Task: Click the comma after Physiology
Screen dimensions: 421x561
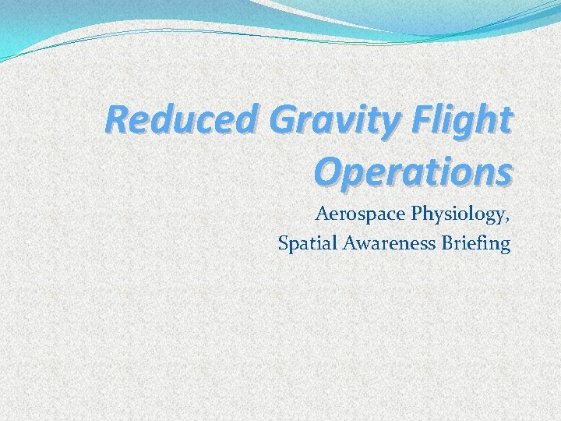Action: coord(508,218)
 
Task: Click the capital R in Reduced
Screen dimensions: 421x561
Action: coord(116,121)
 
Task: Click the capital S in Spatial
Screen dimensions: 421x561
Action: coord(284,244)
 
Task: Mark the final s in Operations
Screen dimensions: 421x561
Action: coord(505,173)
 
